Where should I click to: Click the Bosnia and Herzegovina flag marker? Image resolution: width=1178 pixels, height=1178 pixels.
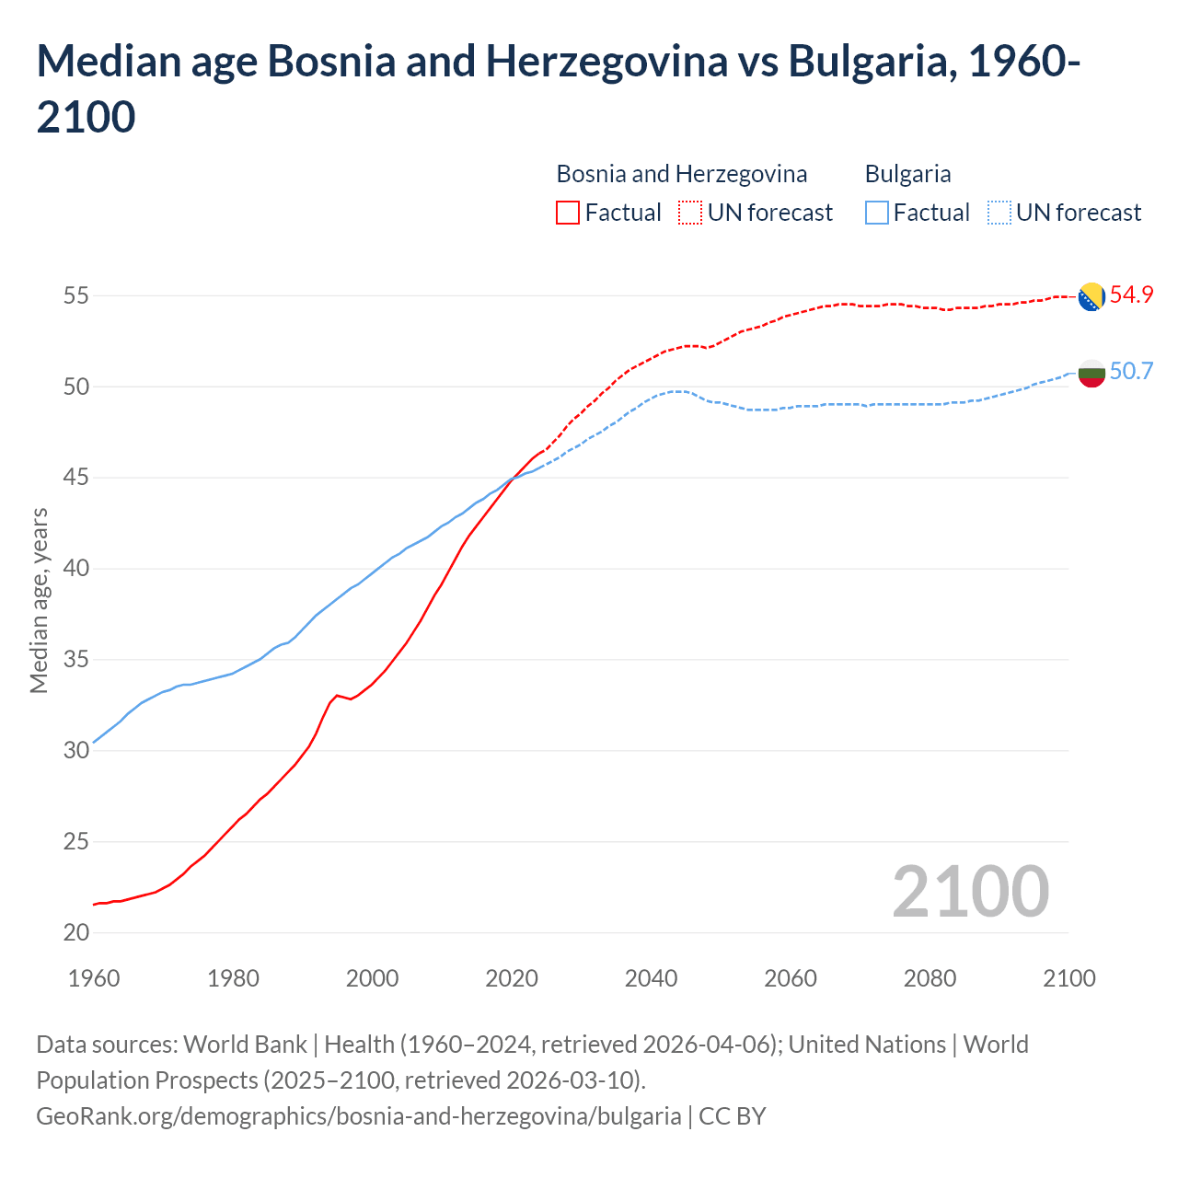coord(1091,296)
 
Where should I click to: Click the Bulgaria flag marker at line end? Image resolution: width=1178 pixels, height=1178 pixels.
coord(1091,373)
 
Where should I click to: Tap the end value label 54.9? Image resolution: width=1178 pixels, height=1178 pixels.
coord(1131,295)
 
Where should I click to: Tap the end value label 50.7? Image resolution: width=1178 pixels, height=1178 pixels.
coord(1131,372)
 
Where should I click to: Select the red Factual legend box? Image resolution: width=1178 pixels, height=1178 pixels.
coord(568,213)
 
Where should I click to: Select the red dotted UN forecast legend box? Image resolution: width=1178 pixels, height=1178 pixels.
coord(690,213)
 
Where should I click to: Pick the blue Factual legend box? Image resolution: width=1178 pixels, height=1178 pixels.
coord(877,213)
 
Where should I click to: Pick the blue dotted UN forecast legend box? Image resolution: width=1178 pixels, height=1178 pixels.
coord(999,213)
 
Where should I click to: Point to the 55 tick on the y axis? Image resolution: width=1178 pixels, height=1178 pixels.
coord(76,296)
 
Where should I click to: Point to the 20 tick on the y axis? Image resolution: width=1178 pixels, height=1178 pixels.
coord(76,933)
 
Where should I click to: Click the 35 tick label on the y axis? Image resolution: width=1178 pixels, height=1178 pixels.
coord(76,660)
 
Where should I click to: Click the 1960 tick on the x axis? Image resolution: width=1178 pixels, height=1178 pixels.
coord(94,978)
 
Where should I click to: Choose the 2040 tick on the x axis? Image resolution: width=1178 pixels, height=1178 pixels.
coord(651,978)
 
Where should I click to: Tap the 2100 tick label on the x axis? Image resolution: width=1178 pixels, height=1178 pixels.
coord(1068,978)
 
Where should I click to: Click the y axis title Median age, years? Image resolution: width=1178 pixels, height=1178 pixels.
coord(39,600)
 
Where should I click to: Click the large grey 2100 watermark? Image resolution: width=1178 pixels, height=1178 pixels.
coord(970,892)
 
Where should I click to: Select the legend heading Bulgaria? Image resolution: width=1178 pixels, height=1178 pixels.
coord(907,174)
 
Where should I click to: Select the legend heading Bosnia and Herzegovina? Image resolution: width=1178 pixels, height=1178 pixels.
coord(681,174)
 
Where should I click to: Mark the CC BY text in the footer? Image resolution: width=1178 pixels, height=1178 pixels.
coord(733,1116)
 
